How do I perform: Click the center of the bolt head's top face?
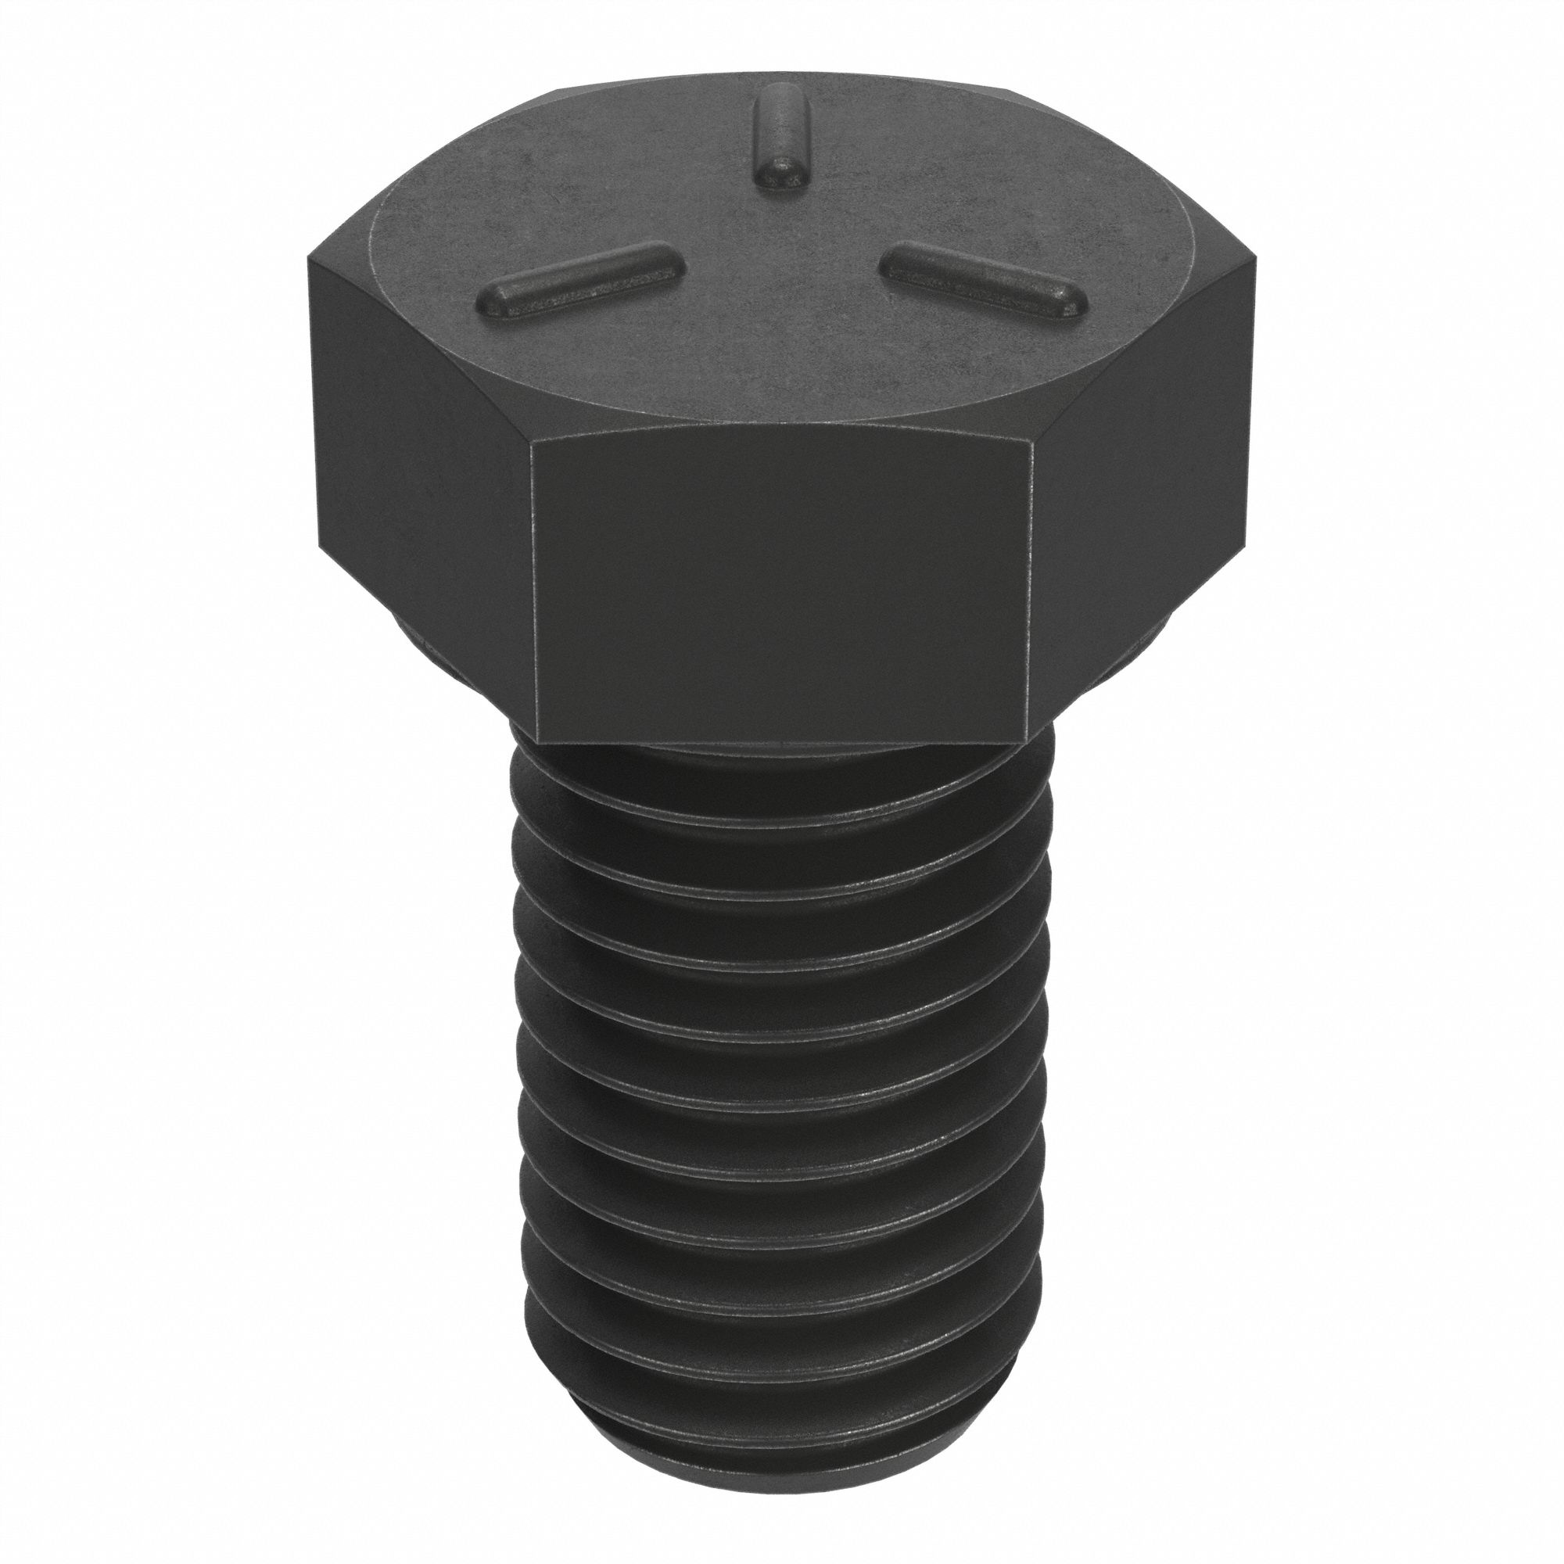coord(781,267)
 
